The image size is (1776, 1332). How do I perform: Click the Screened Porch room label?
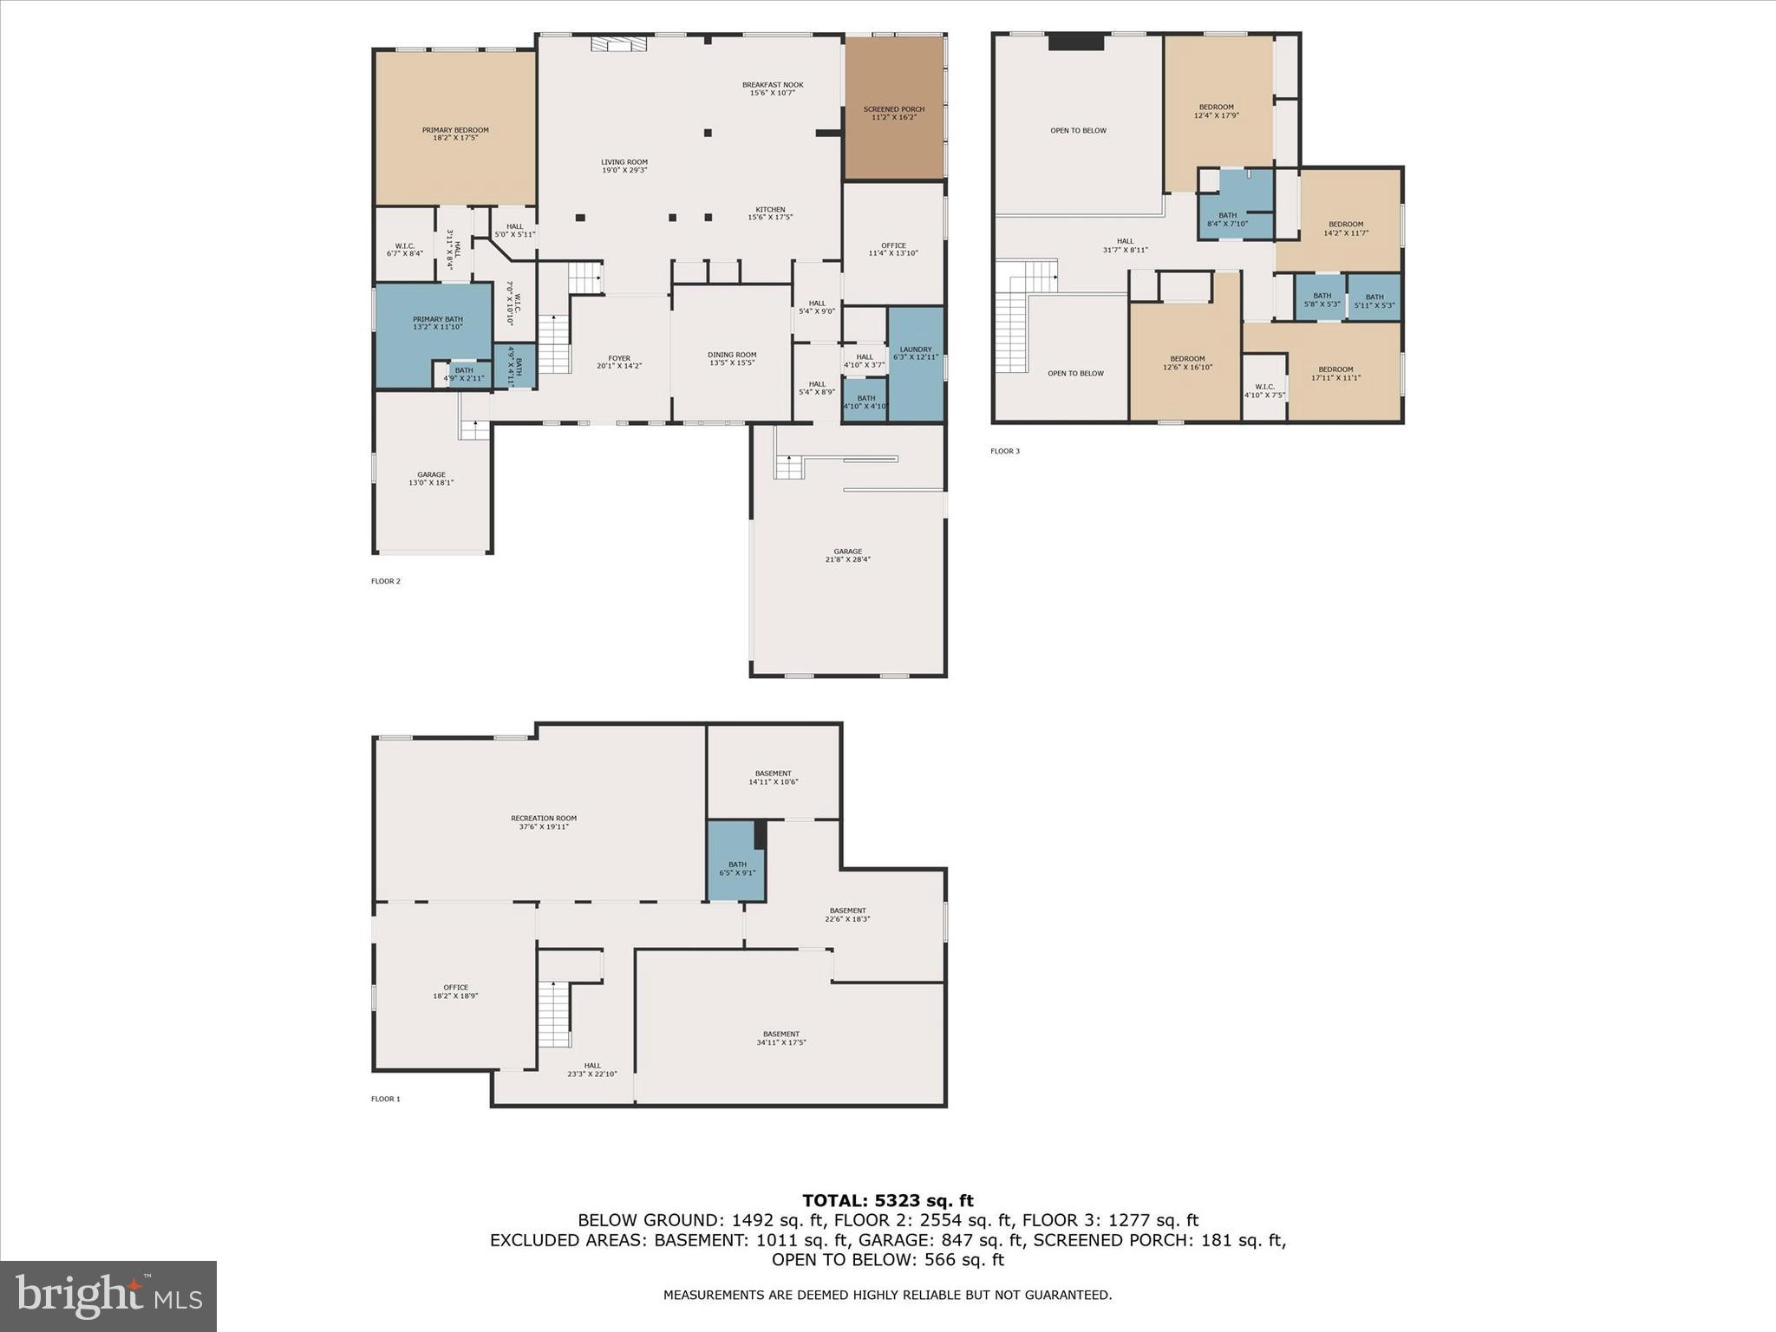[893, 113]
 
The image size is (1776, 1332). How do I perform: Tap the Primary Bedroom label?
[455, 134]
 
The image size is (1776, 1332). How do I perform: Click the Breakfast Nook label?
[772, 88]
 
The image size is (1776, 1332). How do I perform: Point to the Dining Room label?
[732, 357]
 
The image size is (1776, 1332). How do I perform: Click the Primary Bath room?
[437, 323]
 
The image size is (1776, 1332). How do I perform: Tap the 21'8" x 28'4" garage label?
[847, 555]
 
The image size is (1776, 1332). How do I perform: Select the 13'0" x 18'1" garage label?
[431, 478]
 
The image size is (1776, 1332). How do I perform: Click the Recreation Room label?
[543, 822]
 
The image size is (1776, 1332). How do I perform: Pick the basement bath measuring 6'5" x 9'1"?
[736, 868]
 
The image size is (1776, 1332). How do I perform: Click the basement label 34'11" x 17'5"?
[780, 1037]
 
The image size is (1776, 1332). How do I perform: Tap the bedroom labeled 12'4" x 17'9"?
[1216, 111]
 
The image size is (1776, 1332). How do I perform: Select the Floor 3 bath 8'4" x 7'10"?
[1227, 219]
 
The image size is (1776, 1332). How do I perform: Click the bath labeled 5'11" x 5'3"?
[1374, 300]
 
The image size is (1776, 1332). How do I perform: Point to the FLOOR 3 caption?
[1005, 451]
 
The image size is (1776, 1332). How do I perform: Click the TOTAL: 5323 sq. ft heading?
[887, 1200]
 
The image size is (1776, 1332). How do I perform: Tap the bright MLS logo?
[108, 1296]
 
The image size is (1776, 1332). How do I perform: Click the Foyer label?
[618, 362]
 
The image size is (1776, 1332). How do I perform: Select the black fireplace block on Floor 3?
[1075, 42]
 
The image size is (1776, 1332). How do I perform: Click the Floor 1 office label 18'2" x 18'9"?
[455, 991]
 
